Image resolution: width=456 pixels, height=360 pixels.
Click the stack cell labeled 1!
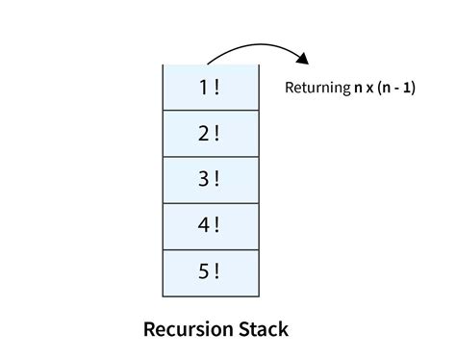(210, 88)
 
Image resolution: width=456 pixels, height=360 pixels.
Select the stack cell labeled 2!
(210, 134)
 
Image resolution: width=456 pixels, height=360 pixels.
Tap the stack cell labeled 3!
(210, 180)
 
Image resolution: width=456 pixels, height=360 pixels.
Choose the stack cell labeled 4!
(210, 226)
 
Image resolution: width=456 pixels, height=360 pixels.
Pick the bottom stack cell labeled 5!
(210, 272)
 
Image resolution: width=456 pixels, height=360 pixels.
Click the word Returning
(317, 89)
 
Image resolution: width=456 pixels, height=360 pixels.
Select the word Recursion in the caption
(188, 329)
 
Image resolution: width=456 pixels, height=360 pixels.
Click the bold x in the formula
(370, 89)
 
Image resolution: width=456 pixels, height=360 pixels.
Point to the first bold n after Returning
(357, 89)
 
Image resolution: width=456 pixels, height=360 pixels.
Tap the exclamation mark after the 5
(217, 272)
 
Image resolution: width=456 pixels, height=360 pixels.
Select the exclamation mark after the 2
(217, 134)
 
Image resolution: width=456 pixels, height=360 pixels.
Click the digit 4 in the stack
(204, 226)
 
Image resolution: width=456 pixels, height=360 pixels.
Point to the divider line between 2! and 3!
(210, 157)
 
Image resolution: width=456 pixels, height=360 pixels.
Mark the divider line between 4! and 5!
(210, 249)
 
